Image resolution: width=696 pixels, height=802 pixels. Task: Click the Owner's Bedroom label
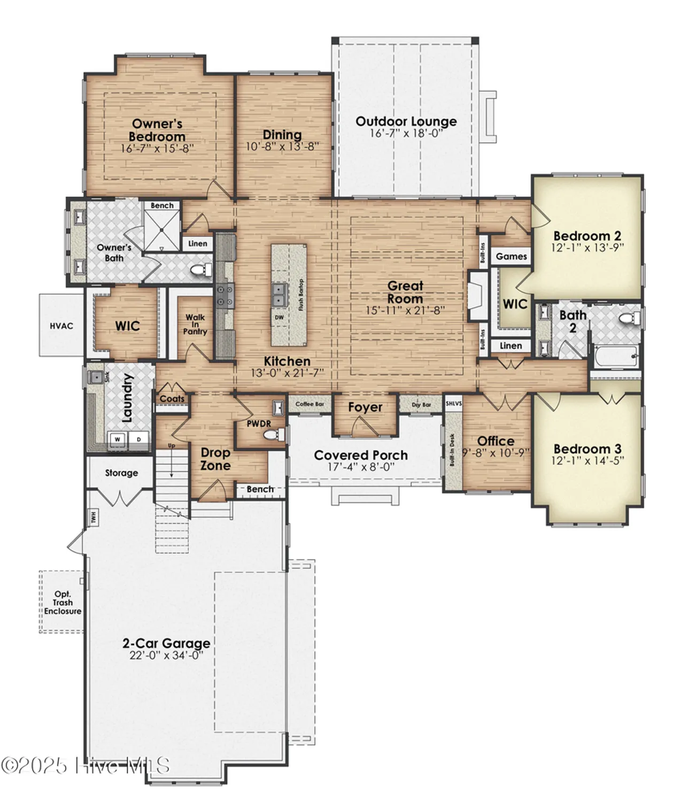click(157, 130)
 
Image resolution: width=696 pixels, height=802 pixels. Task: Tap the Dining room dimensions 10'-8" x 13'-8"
click(282, 146)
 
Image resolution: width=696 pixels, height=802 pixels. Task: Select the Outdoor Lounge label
click(406, 121)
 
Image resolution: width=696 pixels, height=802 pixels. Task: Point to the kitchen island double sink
click(279, 295)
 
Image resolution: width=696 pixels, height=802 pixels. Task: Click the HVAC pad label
click(61, 326)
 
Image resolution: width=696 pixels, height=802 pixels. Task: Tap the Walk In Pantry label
click(195, 324)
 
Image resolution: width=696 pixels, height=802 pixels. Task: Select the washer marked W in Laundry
click(118, 439)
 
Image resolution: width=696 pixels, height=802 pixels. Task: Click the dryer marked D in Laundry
click(138, 439)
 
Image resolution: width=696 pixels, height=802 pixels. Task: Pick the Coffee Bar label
click(310, 404)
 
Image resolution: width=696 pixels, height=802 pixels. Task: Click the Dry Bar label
click(421, 405)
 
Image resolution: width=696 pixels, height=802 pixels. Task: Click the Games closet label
click(511, 256)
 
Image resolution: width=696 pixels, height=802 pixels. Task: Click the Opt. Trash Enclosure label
click(63, 603)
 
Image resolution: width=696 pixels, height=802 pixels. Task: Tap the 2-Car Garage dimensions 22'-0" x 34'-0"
click(166, 656)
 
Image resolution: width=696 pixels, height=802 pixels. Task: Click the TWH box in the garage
click(93, 517)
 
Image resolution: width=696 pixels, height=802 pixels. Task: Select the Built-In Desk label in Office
click(452, 450)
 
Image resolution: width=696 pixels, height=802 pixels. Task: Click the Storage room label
click(121, 473)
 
